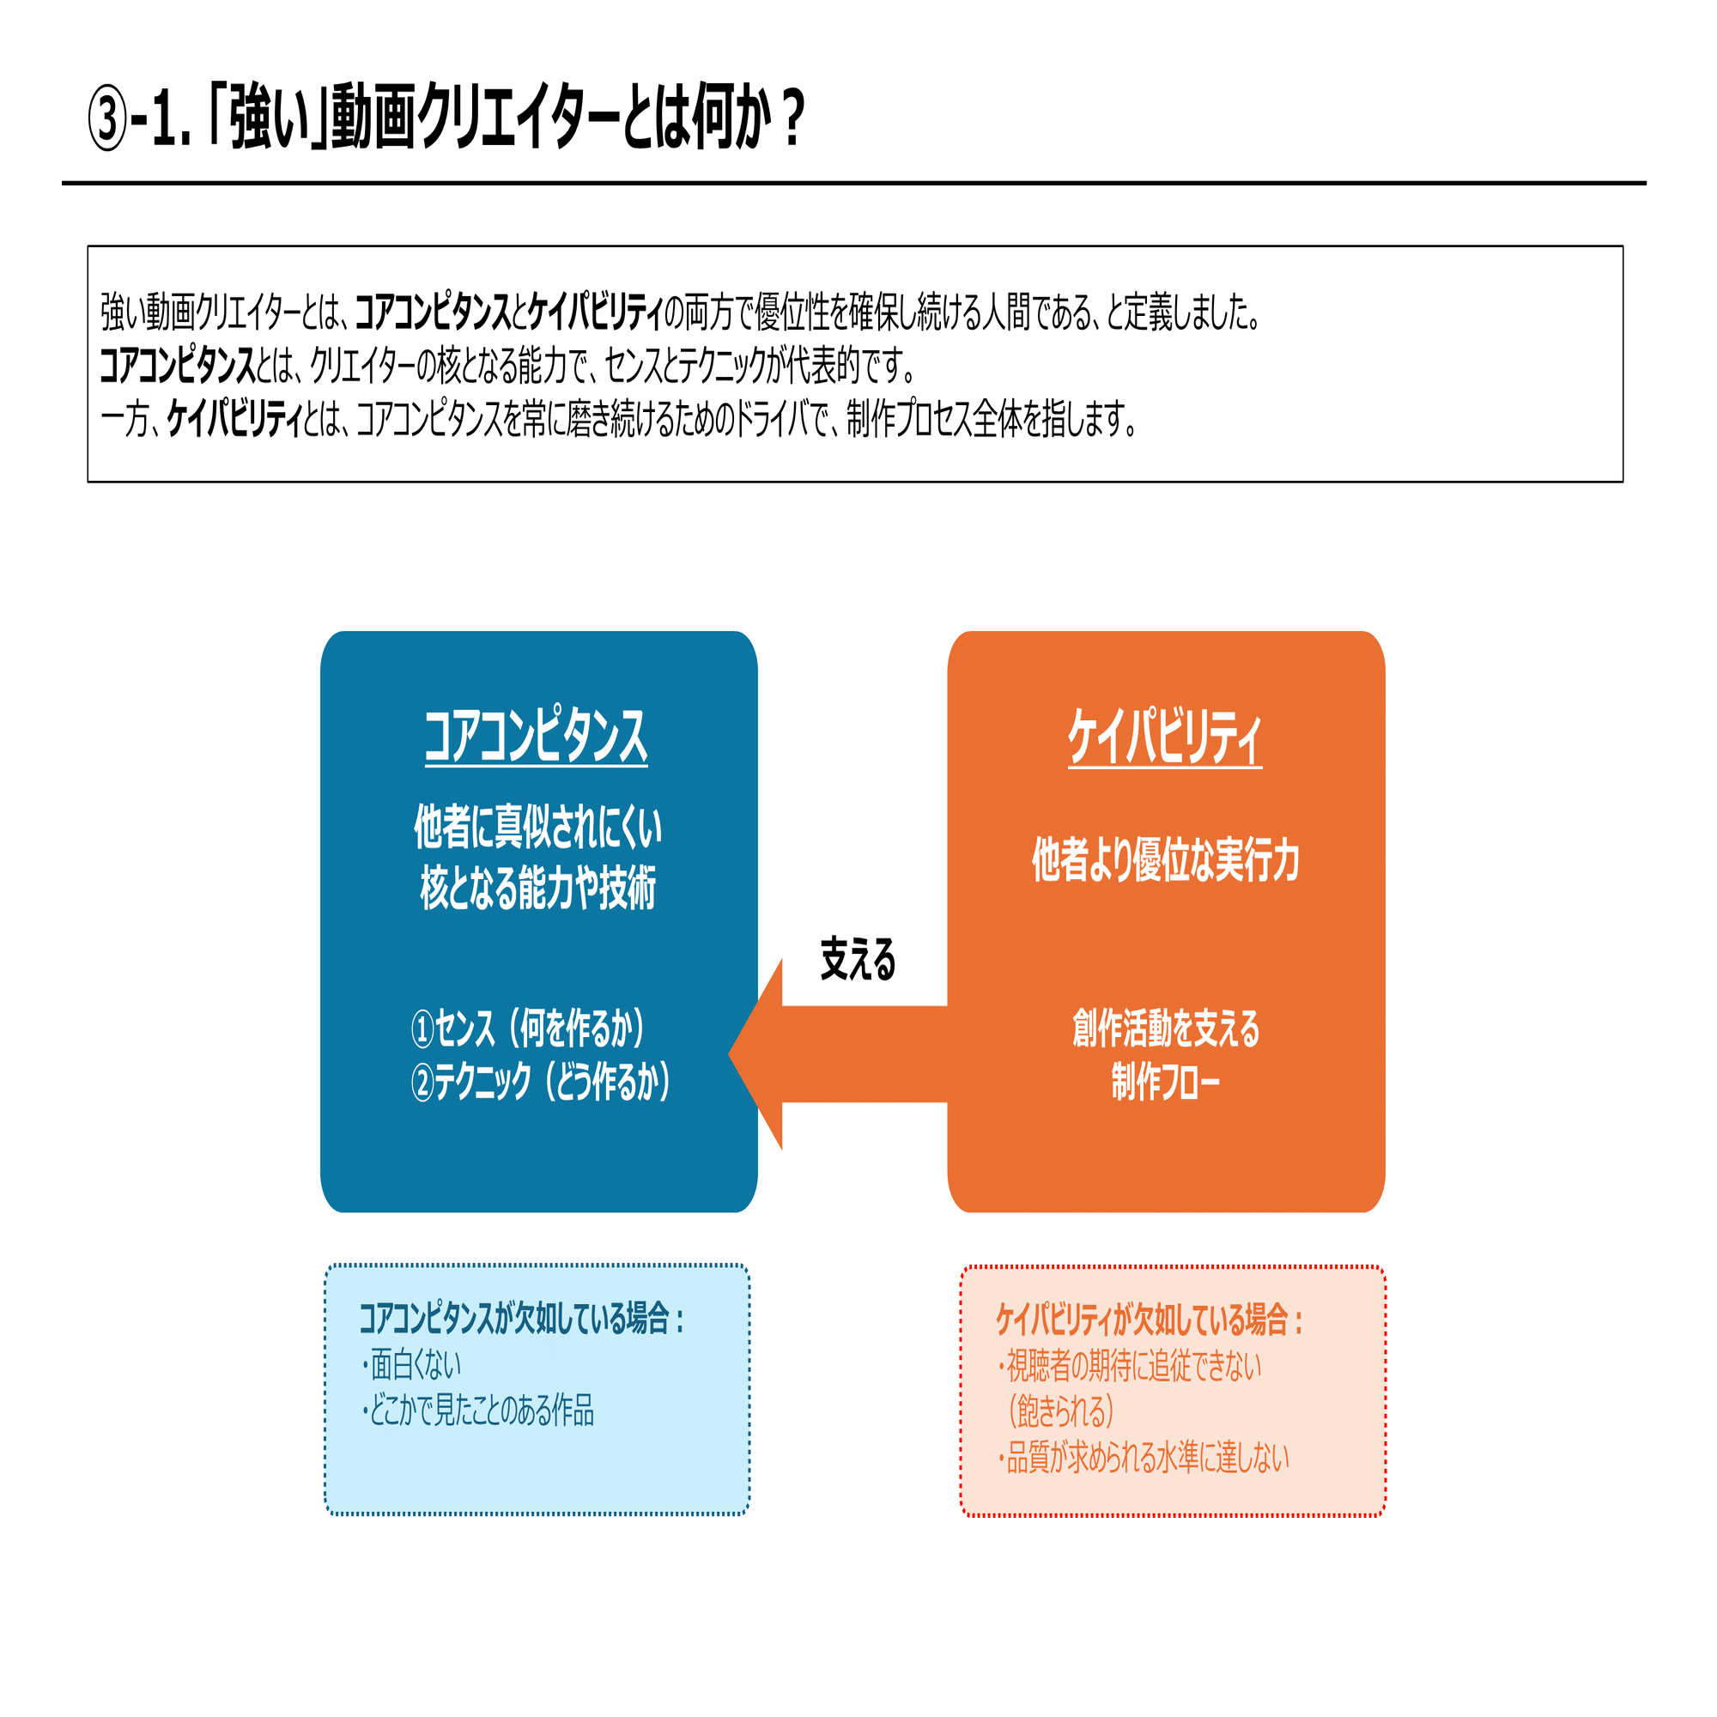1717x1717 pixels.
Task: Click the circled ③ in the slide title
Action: point(107,120)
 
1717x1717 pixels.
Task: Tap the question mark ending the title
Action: point(793,118)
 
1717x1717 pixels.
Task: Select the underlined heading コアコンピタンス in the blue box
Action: point(536,737)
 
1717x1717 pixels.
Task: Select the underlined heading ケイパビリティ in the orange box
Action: point(1164,737)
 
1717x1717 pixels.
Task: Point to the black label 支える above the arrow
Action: point(858,960)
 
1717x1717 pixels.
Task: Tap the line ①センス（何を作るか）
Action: point(529,1029)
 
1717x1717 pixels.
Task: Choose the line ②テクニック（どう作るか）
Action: point(540,1083)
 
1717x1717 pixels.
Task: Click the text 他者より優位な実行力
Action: point(1165,860)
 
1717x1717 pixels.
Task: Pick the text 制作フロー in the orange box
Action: point(1165,1083)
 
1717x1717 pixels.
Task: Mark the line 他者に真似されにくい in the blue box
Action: point(537,827)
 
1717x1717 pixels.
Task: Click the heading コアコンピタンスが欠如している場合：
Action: point(522,1319)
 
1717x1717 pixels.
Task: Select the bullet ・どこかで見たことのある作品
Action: point(477,1411)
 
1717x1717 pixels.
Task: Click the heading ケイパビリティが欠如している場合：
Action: point(1150,1320)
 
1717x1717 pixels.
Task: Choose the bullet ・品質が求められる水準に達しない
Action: point(1143,1458)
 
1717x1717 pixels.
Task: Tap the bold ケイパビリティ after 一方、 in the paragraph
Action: point(234,420)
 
